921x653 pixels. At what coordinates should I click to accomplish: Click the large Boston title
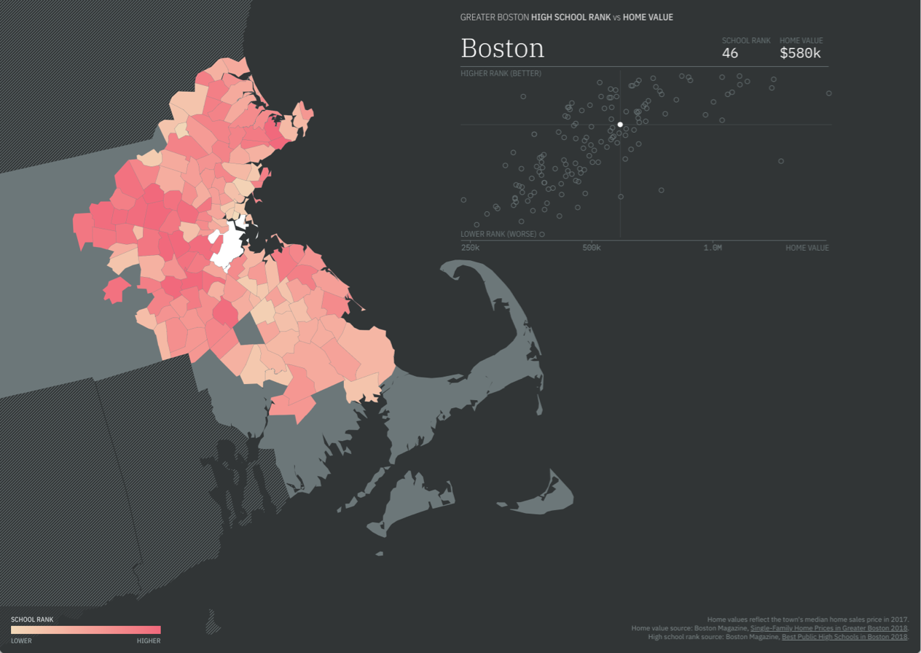point(502,48)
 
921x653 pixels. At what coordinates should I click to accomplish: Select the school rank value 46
point(730,53)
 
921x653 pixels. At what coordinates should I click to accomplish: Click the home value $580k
point(801,53)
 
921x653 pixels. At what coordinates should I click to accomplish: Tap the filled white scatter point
point(620,125)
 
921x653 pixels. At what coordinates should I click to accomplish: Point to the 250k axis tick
point(470,248)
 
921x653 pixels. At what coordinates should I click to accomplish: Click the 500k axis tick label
point(592,248)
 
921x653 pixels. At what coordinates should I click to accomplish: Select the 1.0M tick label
point(713,248)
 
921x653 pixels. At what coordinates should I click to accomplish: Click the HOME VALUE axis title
point(807,248)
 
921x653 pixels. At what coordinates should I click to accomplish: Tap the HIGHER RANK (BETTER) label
point(501,74)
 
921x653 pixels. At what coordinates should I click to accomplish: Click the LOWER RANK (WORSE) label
point(498,234)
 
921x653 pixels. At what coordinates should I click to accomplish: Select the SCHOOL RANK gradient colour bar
point(85,630)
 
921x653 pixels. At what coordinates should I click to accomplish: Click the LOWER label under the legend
point(21,641)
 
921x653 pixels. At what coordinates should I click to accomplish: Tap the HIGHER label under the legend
point(149,641)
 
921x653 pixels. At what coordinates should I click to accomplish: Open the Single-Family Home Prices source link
point(828,628)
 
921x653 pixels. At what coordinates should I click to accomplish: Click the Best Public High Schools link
point(844,637)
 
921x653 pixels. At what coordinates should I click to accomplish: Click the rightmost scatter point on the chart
point(828,93)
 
